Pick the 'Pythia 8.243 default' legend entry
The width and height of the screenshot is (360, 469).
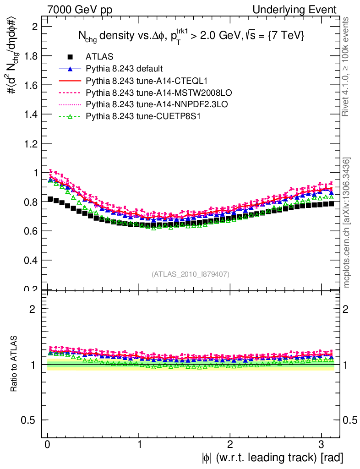(124, 69)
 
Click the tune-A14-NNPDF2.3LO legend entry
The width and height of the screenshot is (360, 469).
(142, 105)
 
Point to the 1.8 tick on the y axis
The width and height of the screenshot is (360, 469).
(31, 56)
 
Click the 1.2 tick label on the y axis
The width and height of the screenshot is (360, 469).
(31, 143)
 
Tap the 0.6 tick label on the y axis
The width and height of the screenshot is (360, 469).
(31, 231)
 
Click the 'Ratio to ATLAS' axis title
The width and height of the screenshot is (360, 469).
(15, 364)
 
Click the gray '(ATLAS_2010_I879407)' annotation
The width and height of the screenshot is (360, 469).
(191, 274)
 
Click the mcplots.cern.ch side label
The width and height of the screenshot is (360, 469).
(347, 223)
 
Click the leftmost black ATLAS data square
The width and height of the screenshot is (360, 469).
(50, 199)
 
